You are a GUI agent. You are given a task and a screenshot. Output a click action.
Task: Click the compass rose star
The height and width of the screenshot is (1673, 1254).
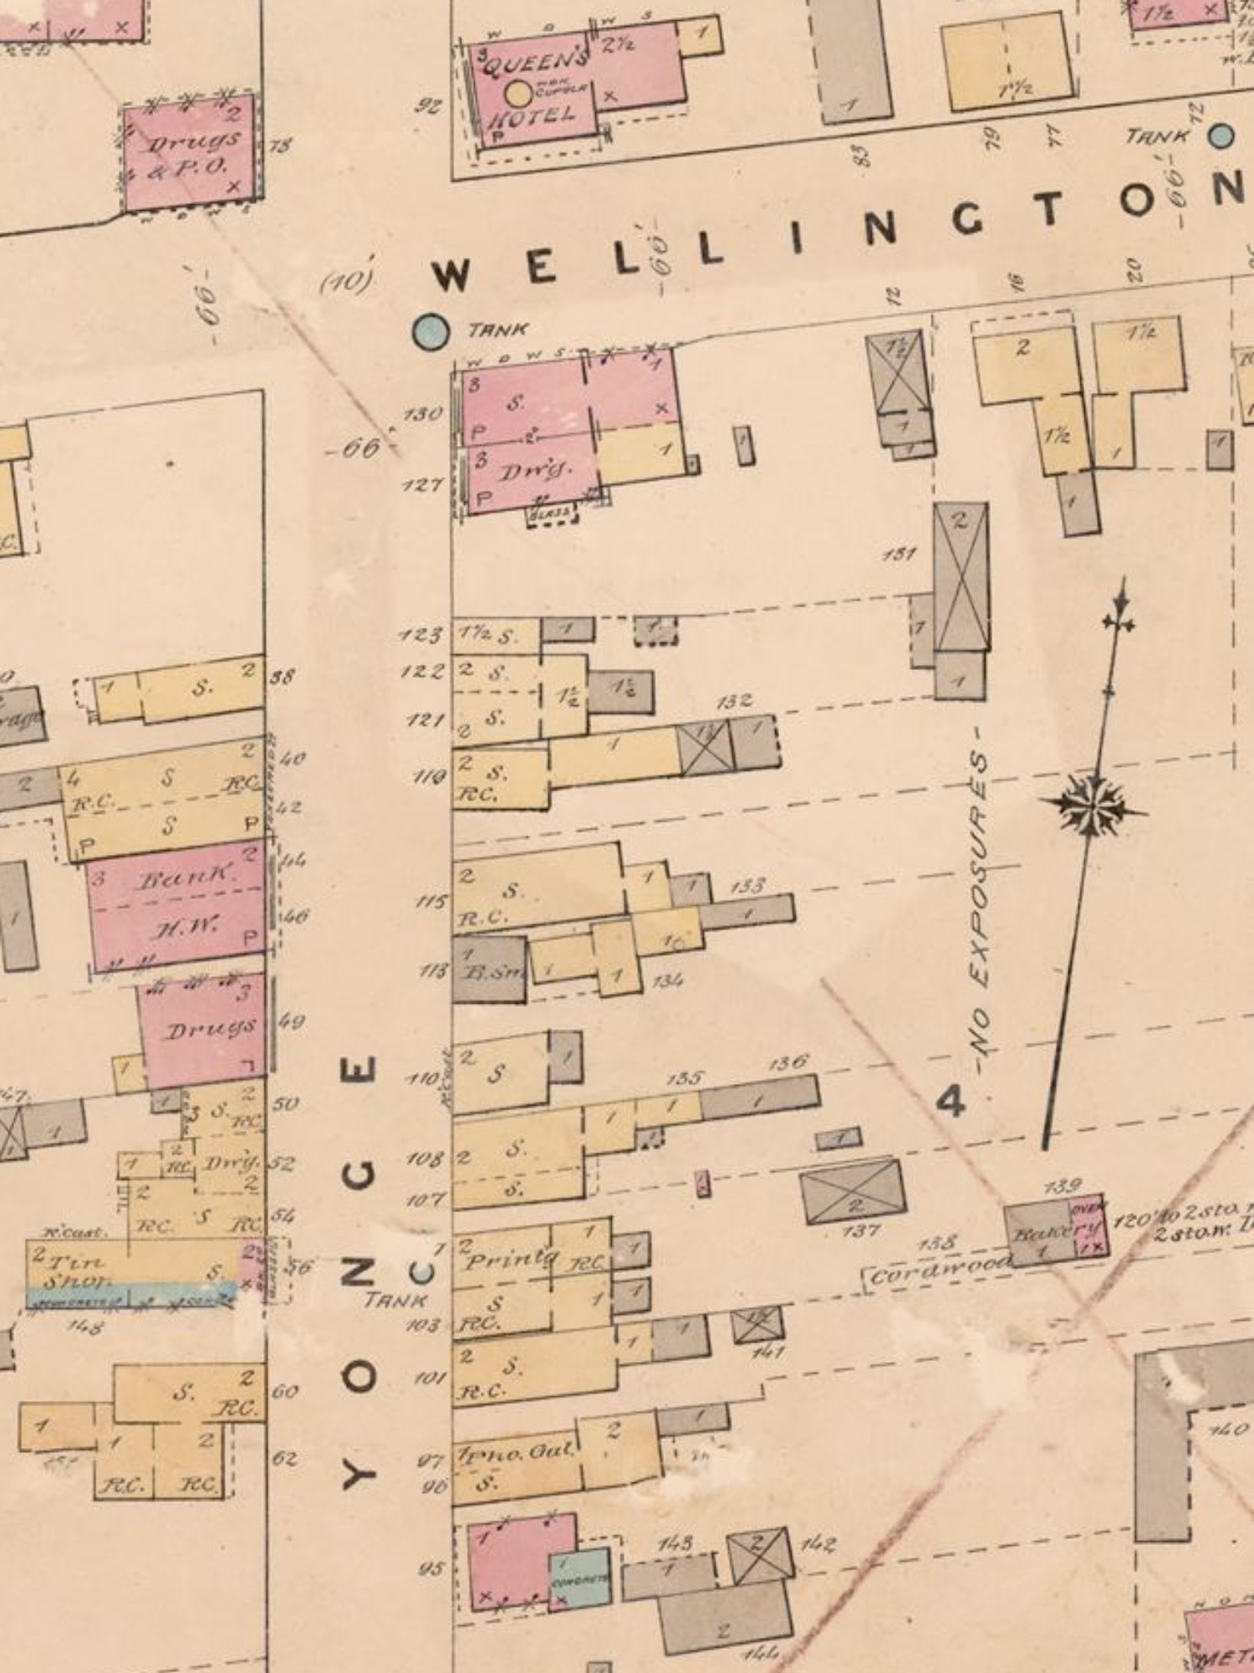(1091, 806)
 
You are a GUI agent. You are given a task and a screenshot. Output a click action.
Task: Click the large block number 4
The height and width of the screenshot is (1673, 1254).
(950, 1101)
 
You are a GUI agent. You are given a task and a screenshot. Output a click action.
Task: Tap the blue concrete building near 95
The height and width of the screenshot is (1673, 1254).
(579, 1578)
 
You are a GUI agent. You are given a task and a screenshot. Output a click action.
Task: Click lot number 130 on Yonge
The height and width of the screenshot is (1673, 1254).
(423, 414)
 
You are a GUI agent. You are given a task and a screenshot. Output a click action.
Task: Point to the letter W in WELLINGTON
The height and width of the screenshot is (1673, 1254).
(451, 275)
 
